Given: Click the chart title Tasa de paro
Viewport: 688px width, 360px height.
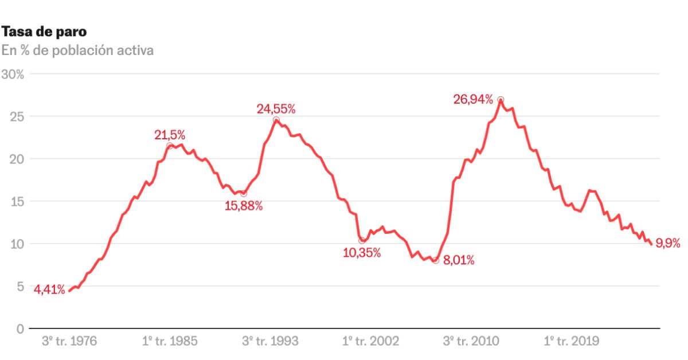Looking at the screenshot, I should [x=45, y=31].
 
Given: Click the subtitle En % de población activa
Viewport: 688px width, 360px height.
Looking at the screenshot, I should [x=77, y=50].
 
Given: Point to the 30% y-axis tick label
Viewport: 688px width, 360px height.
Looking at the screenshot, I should [x=12, y=74].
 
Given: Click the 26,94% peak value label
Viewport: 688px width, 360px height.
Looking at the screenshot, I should [x=473, y=100].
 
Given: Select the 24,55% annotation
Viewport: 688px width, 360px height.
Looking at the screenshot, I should [x=276, y=109].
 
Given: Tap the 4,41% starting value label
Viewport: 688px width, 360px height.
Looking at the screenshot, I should [x=49, y=289].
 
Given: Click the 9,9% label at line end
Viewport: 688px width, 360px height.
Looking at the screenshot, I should [x=667, y=244].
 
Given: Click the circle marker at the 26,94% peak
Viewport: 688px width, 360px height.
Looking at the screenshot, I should [x=501, y=100].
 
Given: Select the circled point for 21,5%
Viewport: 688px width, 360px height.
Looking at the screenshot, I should [x=170, y=146].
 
